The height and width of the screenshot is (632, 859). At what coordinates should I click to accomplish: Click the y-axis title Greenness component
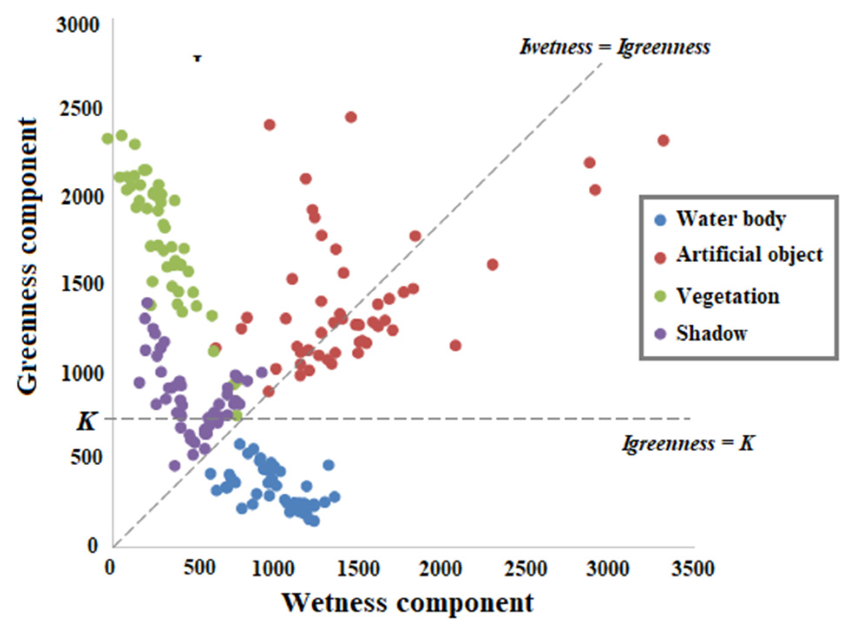28,256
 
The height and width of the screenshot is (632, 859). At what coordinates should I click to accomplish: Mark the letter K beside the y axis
86,421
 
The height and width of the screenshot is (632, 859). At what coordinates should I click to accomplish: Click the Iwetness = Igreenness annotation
615,47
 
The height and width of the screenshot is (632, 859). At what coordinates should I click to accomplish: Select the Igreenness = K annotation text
689,443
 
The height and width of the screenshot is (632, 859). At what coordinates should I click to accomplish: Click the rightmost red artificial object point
663,141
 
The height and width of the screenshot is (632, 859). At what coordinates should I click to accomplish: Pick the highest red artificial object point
351,117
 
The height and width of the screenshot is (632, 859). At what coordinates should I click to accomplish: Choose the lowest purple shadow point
175,465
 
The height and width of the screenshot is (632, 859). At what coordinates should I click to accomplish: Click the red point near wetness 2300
492,264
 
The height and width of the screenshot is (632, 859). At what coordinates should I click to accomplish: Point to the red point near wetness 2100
455,345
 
